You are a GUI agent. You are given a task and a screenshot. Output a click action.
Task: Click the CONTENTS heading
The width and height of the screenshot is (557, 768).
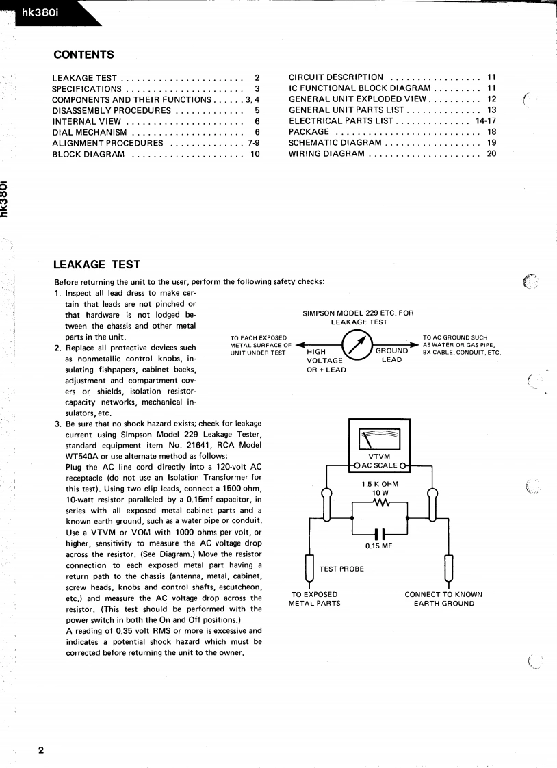(83, 55)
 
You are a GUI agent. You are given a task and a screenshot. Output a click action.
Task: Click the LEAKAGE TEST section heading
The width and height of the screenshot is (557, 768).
(97, 264)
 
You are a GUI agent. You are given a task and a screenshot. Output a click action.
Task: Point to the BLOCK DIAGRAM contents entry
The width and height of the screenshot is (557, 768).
(88, 154)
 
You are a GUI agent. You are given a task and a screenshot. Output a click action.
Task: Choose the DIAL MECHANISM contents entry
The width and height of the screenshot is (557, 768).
(90, 132)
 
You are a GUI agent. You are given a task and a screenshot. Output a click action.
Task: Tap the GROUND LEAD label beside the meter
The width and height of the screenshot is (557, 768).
(391, 355)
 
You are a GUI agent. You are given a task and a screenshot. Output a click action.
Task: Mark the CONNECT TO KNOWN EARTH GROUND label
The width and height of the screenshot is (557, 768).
(443, 599)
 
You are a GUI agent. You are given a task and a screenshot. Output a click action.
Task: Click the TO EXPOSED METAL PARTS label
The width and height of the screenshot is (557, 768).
(314, 599)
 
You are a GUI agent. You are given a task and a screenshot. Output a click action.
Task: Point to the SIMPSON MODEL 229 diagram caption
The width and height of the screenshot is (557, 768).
(358, 318)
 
